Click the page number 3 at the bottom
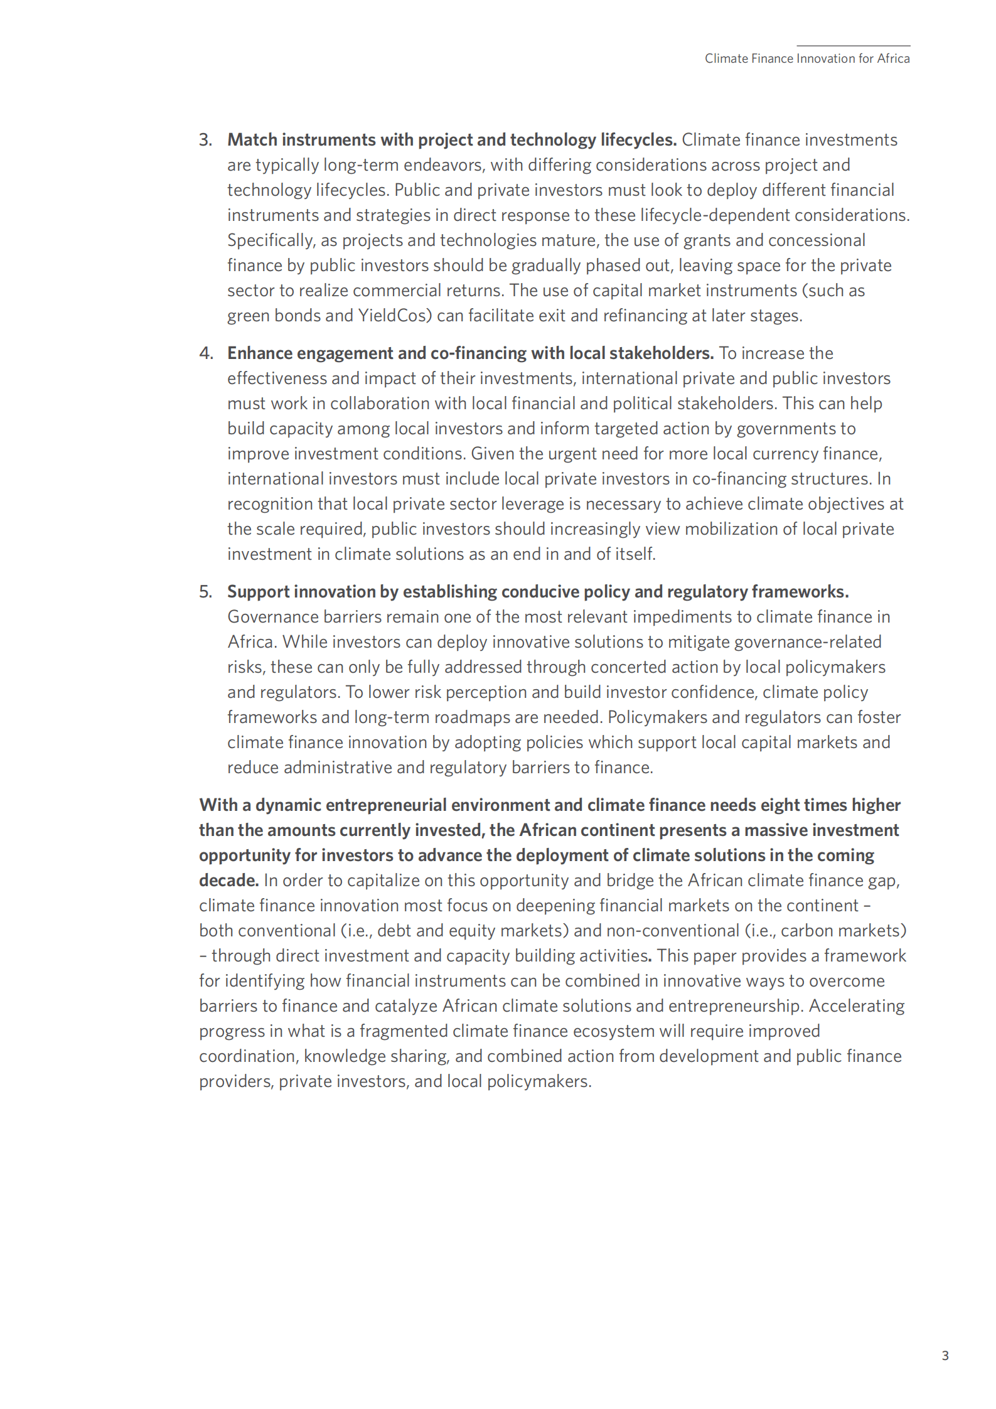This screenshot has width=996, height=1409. [x=945, y=1356]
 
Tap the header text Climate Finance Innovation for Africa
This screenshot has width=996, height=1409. [x=806, y=58]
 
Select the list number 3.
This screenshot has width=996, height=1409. [x=205, y=140]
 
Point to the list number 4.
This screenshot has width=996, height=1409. [x=206, y=353]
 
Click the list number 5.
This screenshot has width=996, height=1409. [x=205, y=592]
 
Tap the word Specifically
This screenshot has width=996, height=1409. [x=271, y=240]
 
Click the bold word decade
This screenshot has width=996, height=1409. [x=228, y=881]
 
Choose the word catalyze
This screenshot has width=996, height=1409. [x=406, y=1006]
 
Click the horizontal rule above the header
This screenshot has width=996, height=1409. [x=853, y=46]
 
